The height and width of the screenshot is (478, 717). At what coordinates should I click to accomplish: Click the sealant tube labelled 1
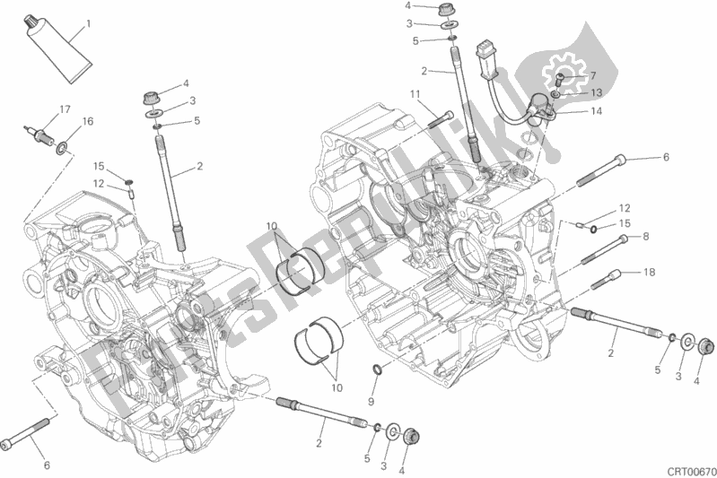[57, 48]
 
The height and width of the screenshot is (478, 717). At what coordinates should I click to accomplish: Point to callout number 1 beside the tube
[88, 23]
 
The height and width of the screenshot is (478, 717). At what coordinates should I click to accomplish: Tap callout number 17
[65, 109]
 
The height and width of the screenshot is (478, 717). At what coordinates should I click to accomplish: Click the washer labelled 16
[62, 148]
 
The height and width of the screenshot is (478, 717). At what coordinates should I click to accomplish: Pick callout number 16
[87, 121]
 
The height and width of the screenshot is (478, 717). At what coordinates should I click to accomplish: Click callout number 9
[371, 401]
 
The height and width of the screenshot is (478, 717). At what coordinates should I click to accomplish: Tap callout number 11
[415, 94]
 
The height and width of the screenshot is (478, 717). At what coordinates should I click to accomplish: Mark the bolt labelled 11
[442, 118]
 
